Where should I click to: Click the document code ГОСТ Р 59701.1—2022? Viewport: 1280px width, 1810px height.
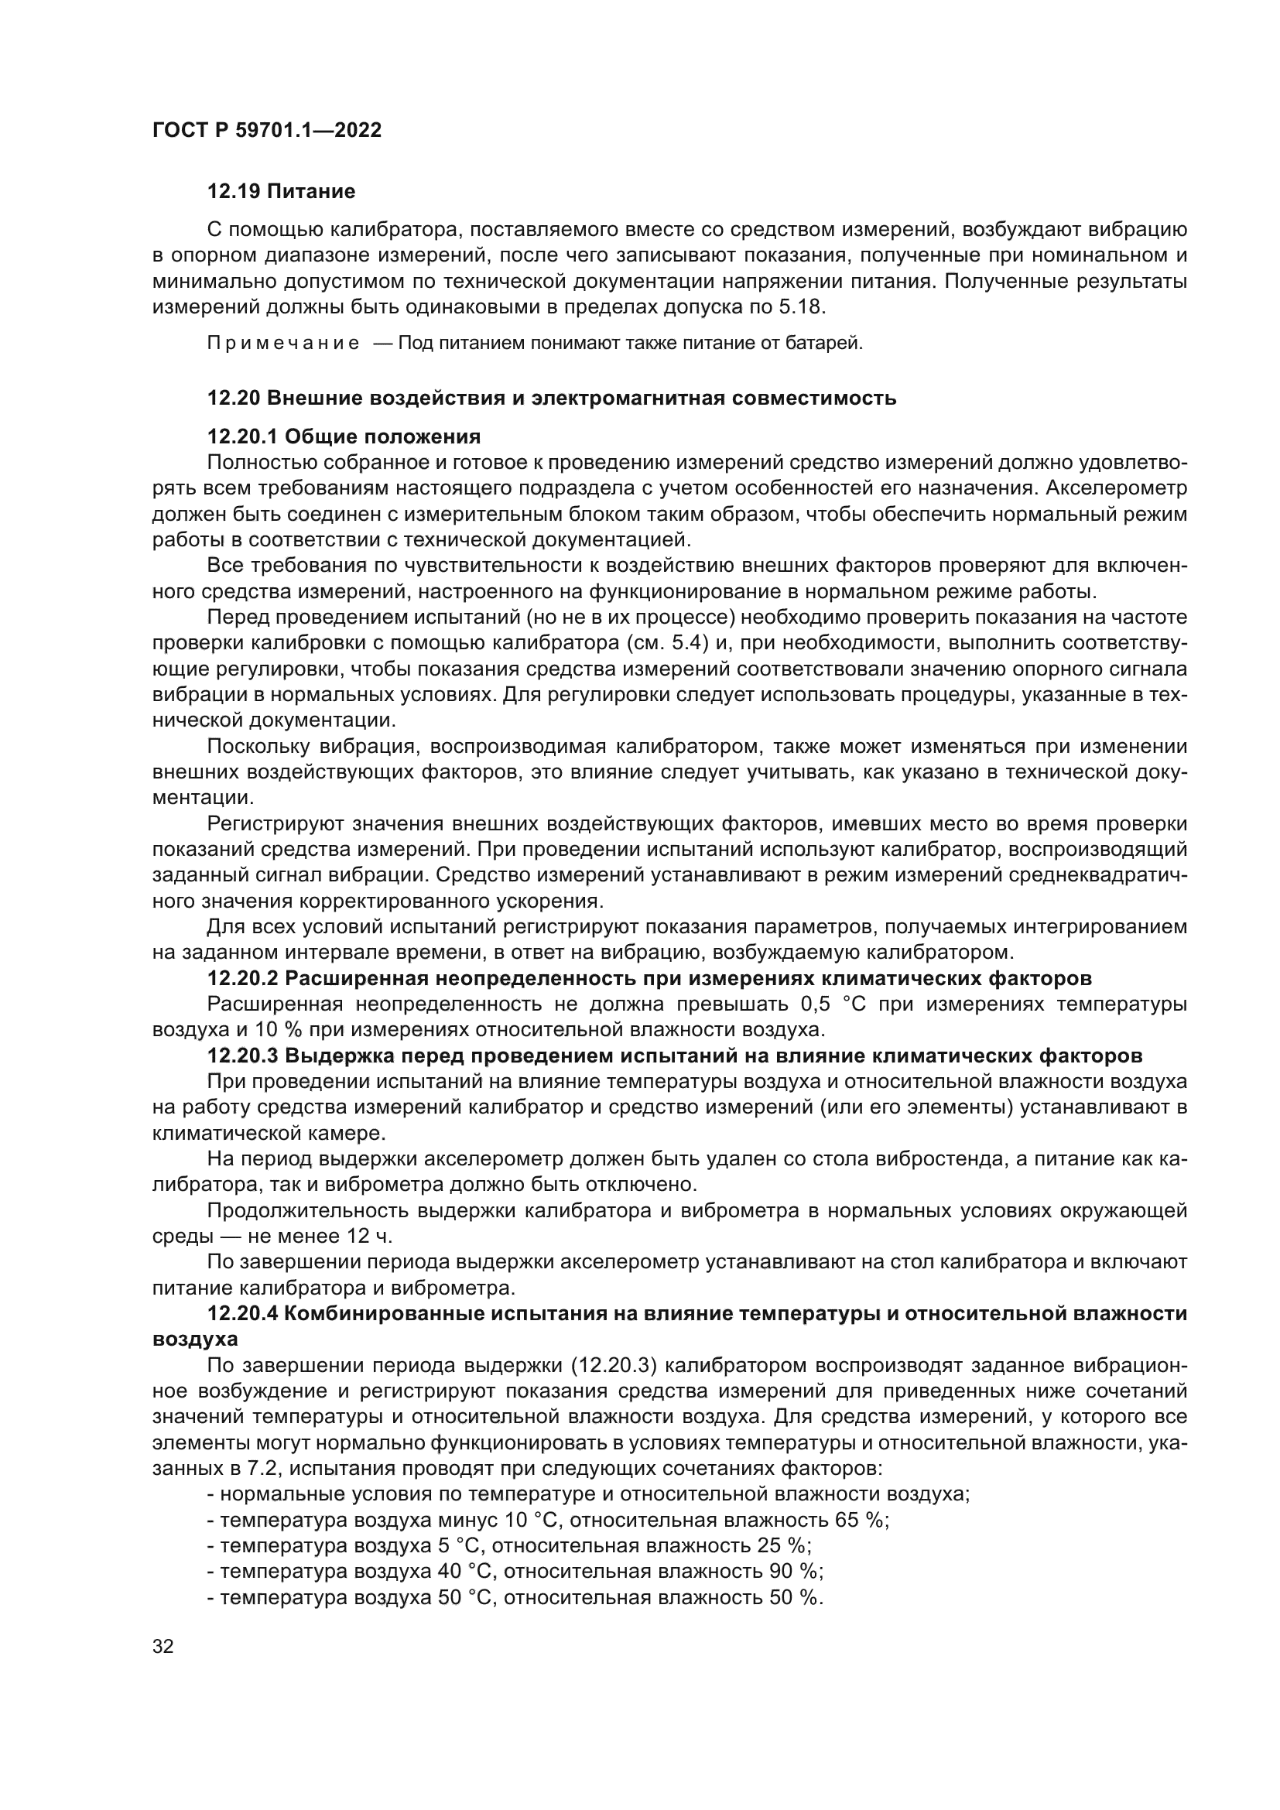tap(266, 131)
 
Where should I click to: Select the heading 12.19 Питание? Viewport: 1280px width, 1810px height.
tap(281, 192)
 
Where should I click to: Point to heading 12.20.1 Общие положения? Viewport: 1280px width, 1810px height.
tap(344, 436)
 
